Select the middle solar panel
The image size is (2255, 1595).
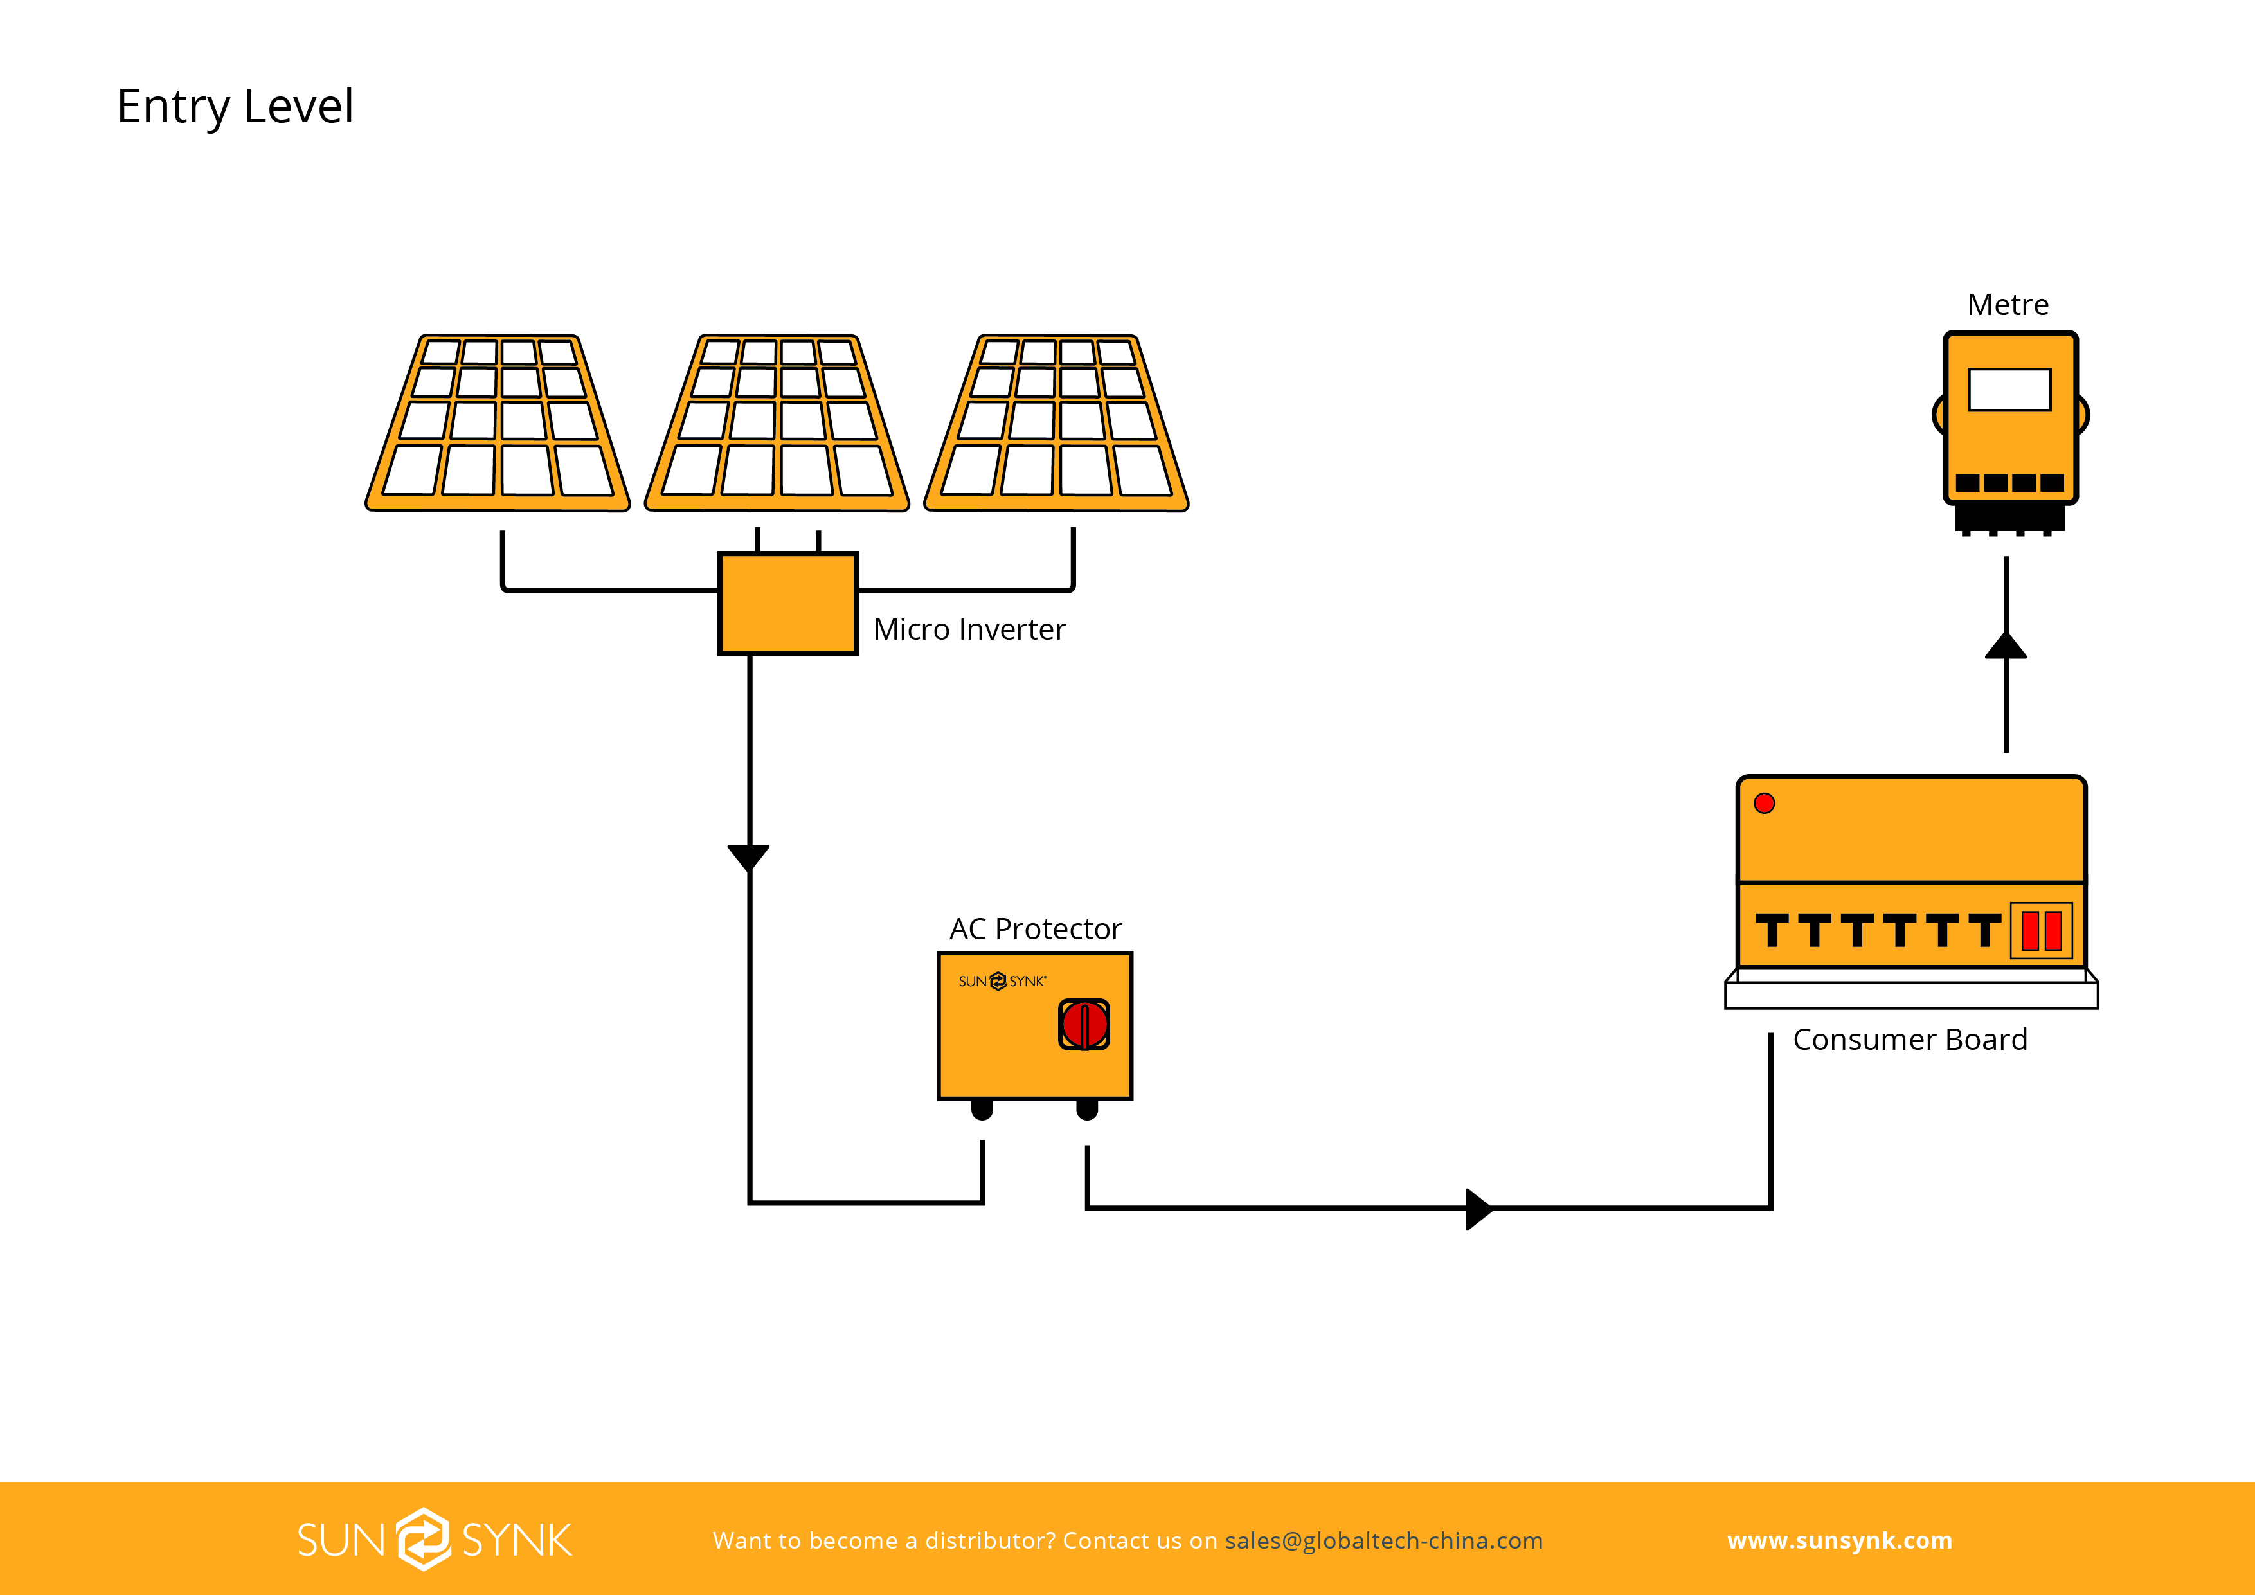tap(777, 423)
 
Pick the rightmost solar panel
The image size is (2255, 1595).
tap(1057, 423)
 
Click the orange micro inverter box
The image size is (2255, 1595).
tap(787, 603)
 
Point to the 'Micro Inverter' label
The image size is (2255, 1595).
tap(969, 629)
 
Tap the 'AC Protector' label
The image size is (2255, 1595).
tap(1035, 929)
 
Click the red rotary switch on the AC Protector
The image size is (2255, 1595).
tap(1084, 1024)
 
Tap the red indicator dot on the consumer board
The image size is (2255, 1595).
tap(1764, 804)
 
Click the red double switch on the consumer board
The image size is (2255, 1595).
tap(2041, 930)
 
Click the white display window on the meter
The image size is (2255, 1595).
tap(2009, 390)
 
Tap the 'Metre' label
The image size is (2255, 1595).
tap(2008, 305)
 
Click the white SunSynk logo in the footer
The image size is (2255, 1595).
tap(434, 1540)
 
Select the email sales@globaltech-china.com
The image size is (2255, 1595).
tap(1384, 1541)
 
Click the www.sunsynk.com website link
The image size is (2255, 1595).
tap(1840, 1541)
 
